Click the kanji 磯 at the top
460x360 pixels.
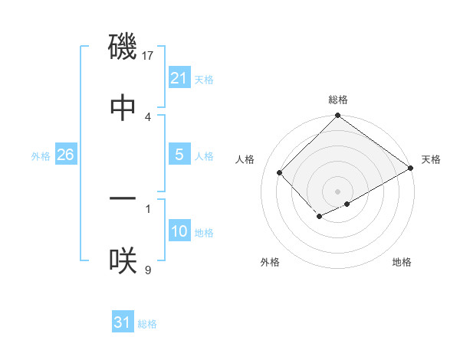coord(123,46)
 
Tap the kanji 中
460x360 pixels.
coord(123,107)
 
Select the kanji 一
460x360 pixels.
coord(123,198)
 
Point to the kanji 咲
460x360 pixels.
coord(123,260)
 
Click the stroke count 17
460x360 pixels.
coord(149,55)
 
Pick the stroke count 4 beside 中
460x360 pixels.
coord(148,116)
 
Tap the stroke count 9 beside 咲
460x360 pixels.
coord(148,270)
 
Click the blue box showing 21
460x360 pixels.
coord(179,78)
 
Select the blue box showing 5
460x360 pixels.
coord(179,155)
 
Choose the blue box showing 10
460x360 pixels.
coord(179,231)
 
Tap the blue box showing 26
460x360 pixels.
coord(65,155)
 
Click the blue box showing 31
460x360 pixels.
coord(122,322)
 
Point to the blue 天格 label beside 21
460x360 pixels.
coord(204,79)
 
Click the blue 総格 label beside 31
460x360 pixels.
coord(147,323)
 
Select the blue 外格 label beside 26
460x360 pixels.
coord(41,155)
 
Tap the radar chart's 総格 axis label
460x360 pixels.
coord(338,100)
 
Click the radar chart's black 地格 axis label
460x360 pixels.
coord(402,262)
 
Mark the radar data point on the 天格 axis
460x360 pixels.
coord(411,169)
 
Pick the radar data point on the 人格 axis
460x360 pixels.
coord(280,172)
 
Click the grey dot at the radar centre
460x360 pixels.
coord(337,191)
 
